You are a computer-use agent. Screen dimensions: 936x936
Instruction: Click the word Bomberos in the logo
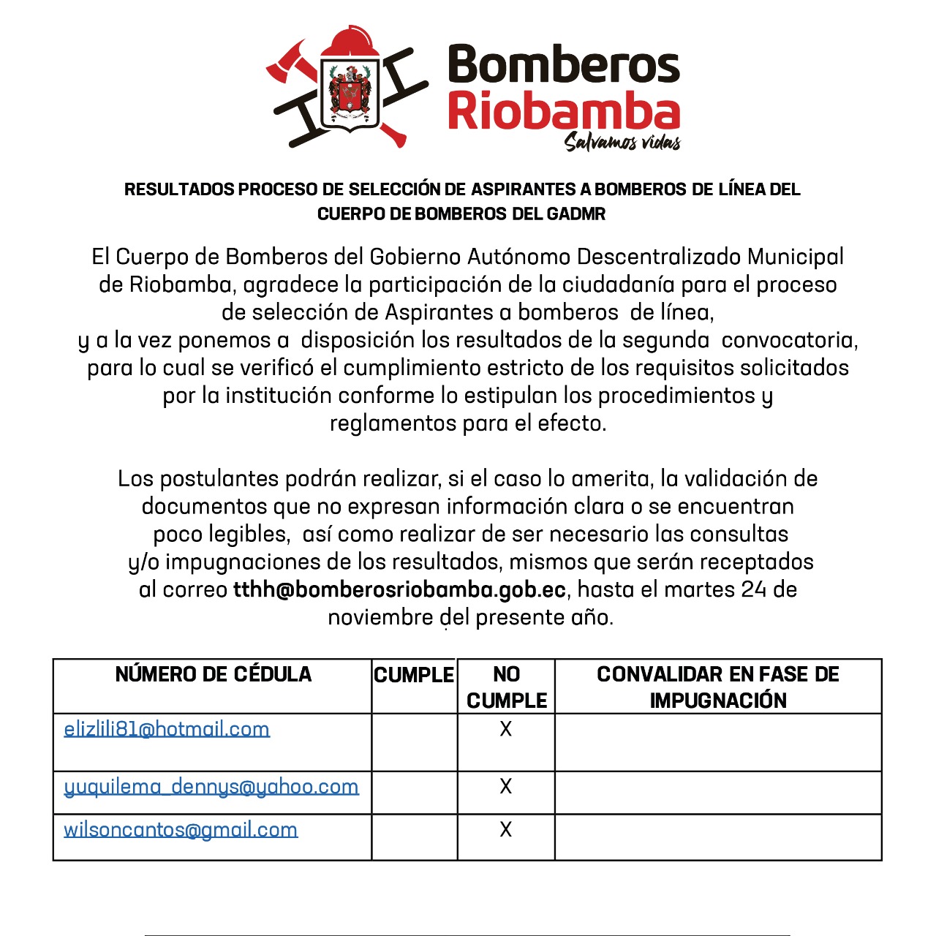click(x=563, y=64)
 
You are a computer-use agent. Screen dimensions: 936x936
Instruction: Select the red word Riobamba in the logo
click(x=563, y=111)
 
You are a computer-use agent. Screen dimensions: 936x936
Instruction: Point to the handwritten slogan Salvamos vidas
click(x=622, y=141)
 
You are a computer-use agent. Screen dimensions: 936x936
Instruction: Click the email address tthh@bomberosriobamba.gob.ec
click(x=399, y=589)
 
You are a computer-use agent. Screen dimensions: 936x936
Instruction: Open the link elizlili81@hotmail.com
click(x=167, y=729)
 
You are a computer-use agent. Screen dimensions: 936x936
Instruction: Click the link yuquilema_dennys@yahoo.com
click(x=211, y=787)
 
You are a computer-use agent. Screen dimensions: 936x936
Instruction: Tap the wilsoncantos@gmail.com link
click(x=181, y=830)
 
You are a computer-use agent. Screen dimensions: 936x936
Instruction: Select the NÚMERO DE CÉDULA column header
click(x=213, y=674)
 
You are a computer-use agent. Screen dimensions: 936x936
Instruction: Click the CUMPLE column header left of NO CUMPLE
click(x=414, y=675)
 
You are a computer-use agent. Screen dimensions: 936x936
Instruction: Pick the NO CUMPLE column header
click(x=506, y=687)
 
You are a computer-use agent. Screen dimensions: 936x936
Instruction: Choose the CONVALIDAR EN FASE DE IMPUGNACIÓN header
click(x=718, y=687)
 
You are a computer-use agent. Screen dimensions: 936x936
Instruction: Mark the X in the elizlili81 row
click(x=505, y=729)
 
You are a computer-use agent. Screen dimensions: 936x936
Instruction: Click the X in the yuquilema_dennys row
click(x=505, y=786)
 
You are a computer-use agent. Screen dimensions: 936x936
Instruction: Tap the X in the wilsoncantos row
click(x=505, y=829)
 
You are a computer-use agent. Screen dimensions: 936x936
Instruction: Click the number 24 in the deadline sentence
click(x=753, y=589)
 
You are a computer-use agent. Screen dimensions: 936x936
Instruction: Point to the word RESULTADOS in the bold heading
click(x=179, y=189)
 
